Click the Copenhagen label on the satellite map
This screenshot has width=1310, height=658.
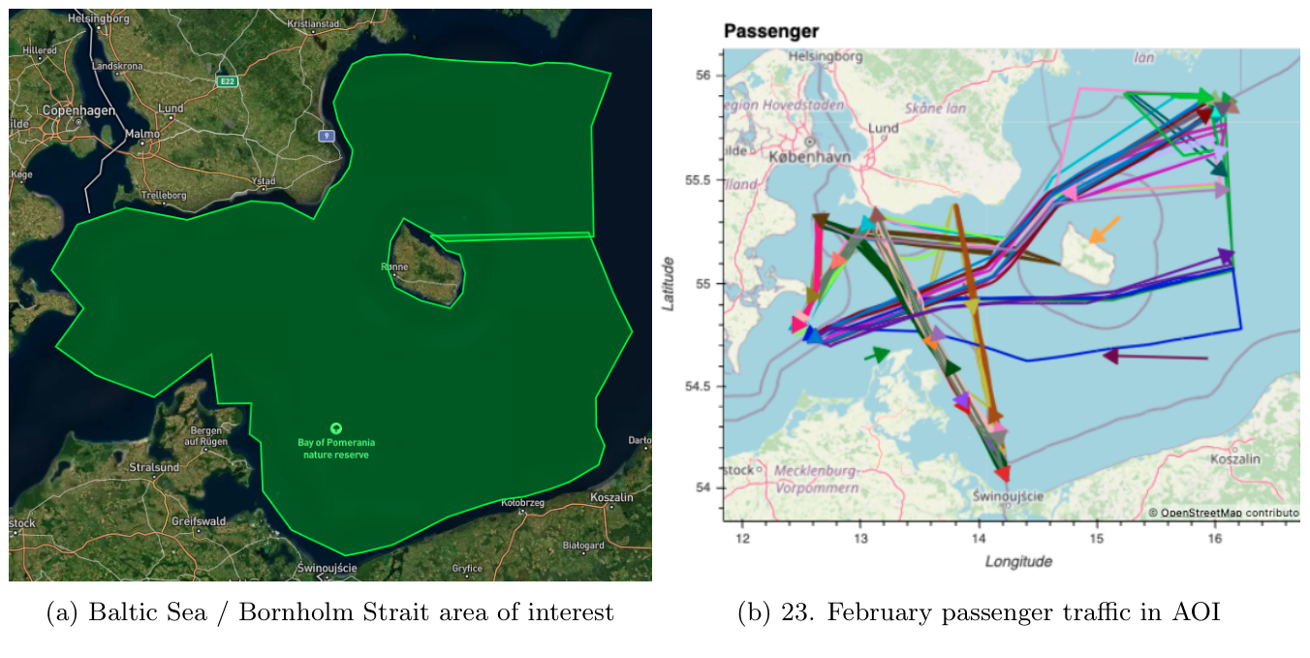[x=78, y=110]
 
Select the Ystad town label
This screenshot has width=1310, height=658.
[x=264, y=181]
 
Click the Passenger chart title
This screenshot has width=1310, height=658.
[x=771, y=32]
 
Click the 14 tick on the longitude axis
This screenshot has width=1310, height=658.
[x=979, y=539]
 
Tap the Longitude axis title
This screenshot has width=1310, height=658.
[x=1018, y=561]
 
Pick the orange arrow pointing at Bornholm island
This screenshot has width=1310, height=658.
[x=1104, y=230]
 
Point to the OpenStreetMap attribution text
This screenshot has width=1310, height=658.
[x=1222, y=513]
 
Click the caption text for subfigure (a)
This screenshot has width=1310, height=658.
[x=329, y=613]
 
